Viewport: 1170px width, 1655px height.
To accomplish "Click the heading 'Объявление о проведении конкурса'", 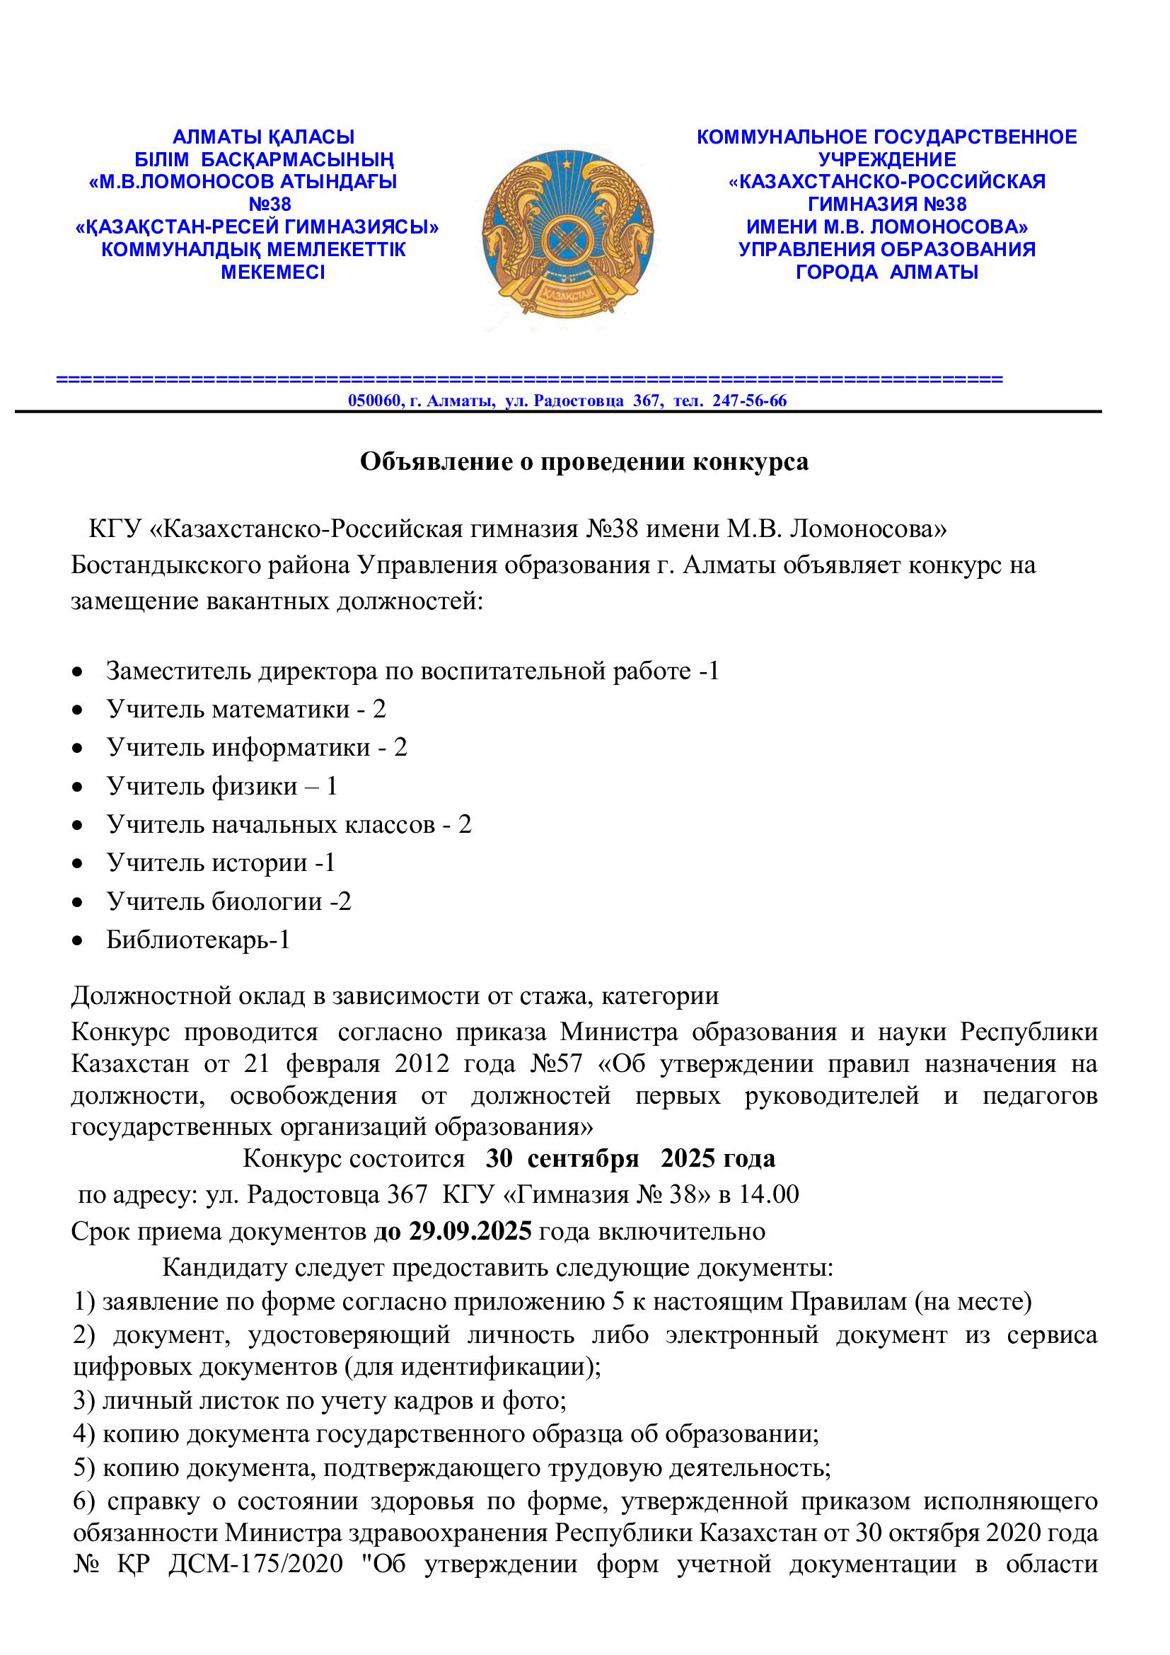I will (x=584, y=462).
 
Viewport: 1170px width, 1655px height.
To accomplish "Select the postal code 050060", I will (x=375, y=400).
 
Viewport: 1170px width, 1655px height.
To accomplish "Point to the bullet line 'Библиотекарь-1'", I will (x=198, y=940).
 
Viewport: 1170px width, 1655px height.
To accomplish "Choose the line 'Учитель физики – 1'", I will (x=222, y=785).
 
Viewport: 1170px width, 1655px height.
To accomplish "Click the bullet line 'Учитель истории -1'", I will (x=221, y=863).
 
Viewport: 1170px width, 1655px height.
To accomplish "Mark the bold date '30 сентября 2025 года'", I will (x=630, y=1158).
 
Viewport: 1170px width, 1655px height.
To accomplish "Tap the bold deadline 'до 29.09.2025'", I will (x=453, y=1231).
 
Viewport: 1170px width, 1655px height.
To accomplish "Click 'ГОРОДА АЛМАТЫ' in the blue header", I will (x=887, y=272).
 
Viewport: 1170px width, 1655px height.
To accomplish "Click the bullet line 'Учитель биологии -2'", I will (x=229, y=901).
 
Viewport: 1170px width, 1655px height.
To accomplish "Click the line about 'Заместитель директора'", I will (x=413, y=671).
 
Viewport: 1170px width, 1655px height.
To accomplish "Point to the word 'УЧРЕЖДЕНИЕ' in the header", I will (x=887, y=159).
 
